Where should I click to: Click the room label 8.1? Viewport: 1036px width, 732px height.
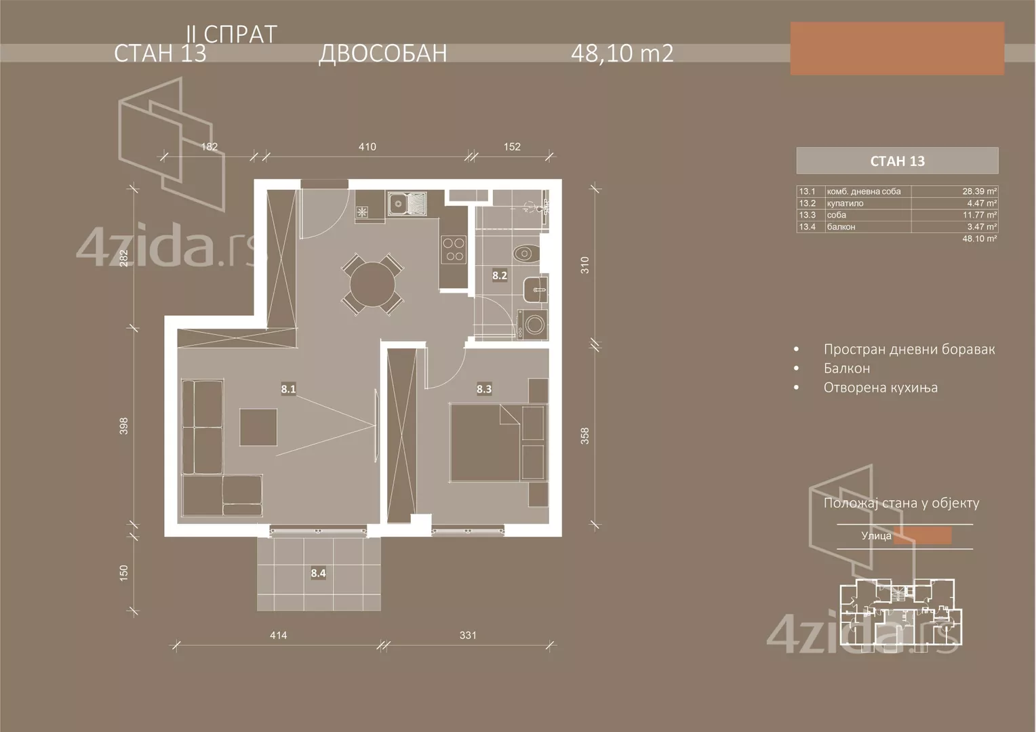pos(288,389)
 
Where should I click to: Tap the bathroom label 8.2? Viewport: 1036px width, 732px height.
pos(499,275)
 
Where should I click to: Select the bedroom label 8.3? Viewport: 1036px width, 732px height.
pos(483,389)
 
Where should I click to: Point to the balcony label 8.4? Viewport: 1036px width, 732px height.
pos(318,573)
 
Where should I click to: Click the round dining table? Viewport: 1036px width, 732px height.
pos(370,283)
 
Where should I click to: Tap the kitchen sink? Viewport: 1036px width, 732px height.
pos(407,203)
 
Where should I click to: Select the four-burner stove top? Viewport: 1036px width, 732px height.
pos(454,248)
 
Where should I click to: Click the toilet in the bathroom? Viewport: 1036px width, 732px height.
pos(525,254)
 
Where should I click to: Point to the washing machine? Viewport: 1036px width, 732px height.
pos(531,325)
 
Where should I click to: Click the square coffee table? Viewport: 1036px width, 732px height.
pos(258,427)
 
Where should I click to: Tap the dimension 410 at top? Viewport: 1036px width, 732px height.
pos(367,146)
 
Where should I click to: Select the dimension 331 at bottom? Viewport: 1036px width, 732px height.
pos(468,635)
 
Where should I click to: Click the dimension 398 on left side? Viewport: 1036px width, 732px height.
pos(124,426)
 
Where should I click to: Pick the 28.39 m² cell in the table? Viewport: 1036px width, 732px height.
pos(979,192)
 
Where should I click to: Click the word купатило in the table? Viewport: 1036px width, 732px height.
pos(845,203)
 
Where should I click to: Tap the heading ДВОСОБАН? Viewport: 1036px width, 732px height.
pos(382,53)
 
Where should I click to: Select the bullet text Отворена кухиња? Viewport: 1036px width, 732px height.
pos(880,388)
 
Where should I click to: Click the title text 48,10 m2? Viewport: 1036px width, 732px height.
pos(622,53)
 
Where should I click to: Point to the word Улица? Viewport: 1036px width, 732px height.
pos(876,535)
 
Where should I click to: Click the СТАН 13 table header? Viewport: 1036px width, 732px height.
pos(897,161)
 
